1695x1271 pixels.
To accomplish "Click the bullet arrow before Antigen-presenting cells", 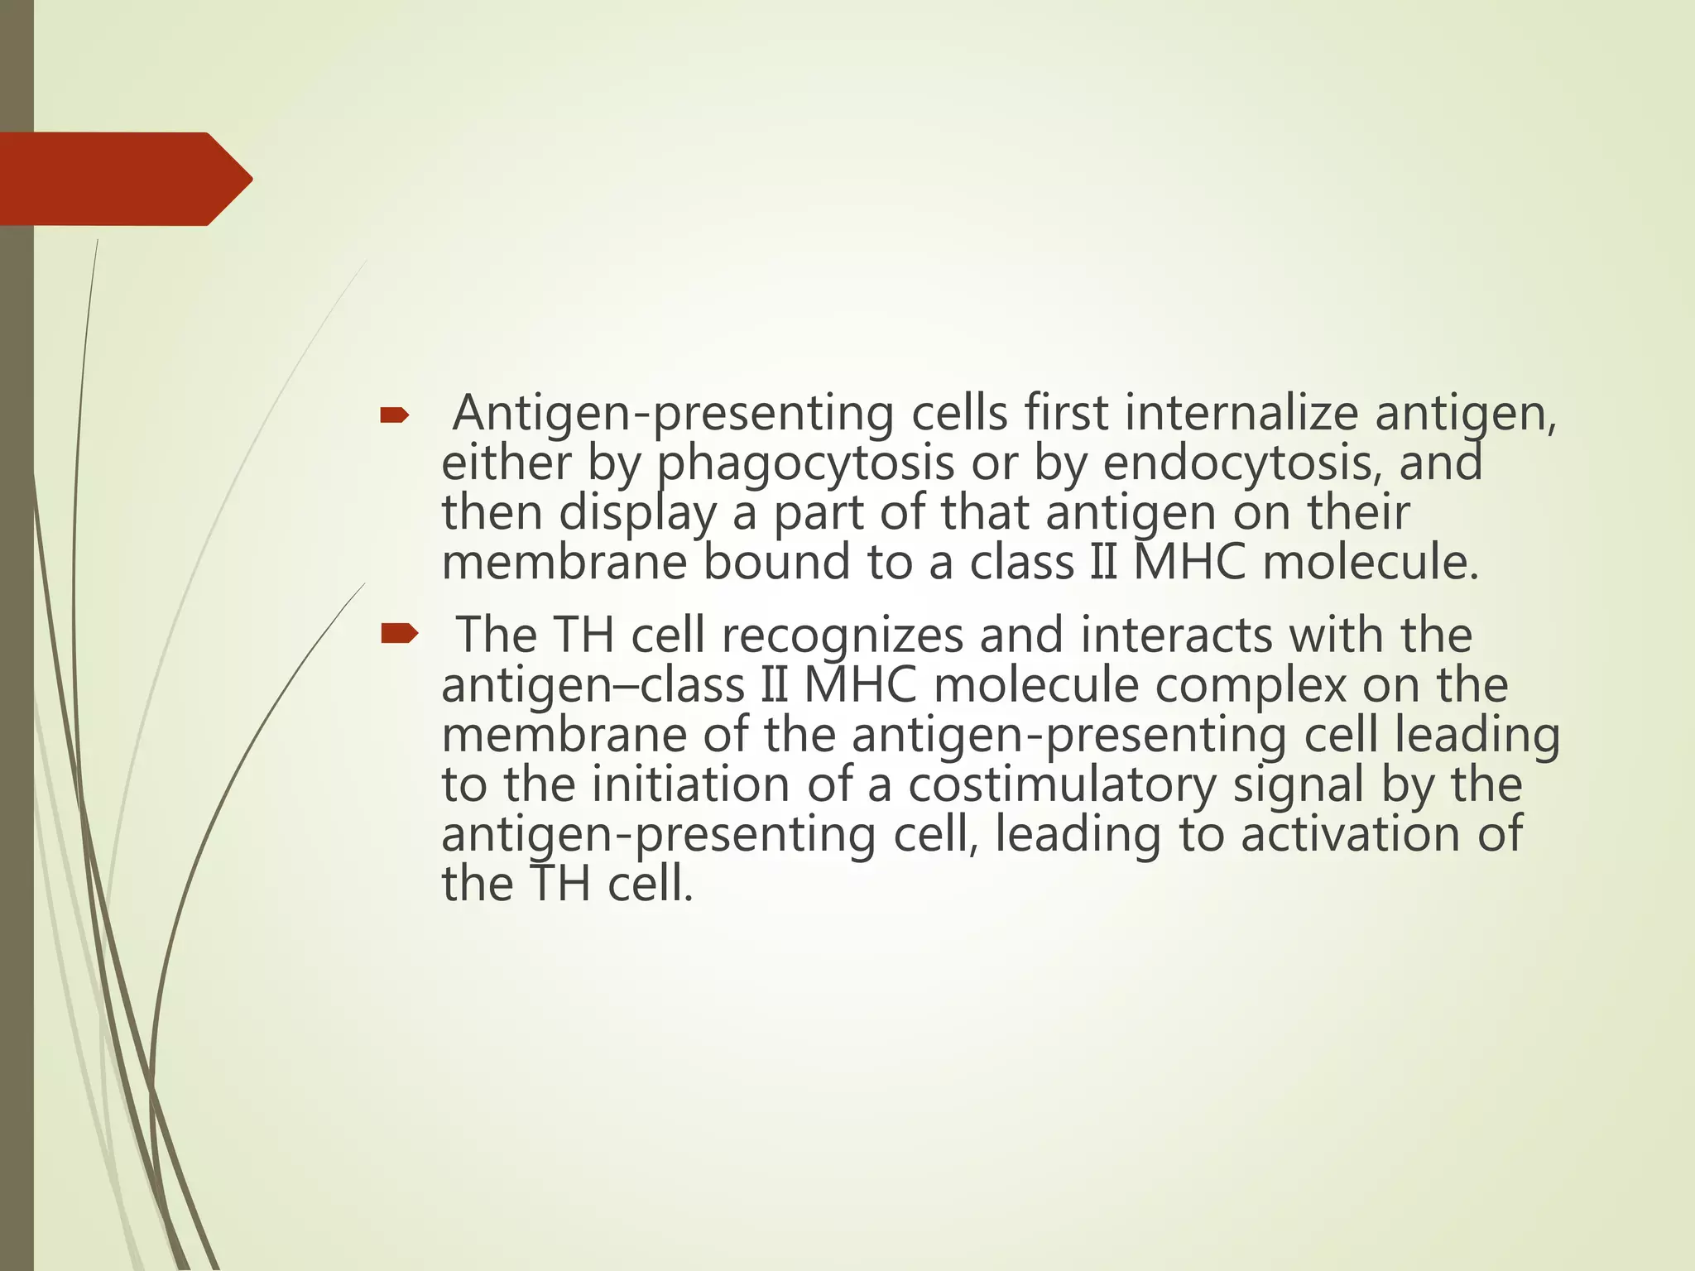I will click(394, 416).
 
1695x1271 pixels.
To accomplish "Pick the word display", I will click(637, 513).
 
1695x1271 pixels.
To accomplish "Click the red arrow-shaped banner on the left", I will click(124, 179).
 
